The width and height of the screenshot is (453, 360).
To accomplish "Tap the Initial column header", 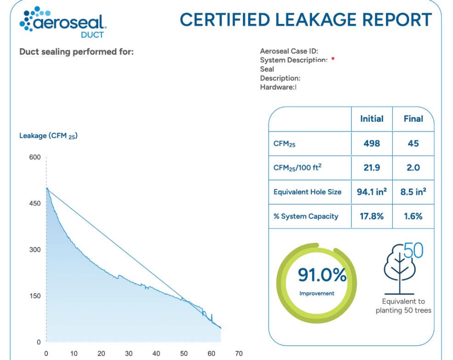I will [371, 119].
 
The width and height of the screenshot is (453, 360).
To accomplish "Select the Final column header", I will [413, 119].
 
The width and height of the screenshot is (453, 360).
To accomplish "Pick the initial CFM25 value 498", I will [371, 143].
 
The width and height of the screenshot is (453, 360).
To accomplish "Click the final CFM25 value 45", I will [413, 143].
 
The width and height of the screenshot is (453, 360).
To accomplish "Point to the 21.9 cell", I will [371, 167].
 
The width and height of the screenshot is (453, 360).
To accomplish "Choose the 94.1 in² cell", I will [371, 192].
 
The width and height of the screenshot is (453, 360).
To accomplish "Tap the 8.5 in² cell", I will [413, 192].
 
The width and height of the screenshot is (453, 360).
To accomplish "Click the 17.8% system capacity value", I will [371, 216].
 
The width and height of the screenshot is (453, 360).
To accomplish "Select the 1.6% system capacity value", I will [413, 216].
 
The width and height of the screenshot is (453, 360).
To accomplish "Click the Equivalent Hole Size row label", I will [307, 192].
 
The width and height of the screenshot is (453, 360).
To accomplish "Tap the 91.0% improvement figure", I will [322, 275].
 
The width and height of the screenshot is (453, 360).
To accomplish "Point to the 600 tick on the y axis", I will [35, 157].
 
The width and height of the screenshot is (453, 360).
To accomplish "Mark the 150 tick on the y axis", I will [35, 296].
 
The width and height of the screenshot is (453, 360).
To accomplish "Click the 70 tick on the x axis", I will [238, 354].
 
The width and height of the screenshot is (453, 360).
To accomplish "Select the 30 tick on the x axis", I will [129, 354].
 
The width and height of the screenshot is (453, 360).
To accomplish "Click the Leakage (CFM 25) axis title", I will [48, 136].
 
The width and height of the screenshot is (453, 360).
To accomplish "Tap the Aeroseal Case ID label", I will [289, 51].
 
